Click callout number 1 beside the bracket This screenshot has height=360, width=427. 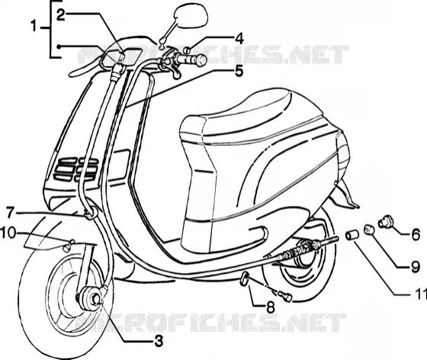click(34, 27)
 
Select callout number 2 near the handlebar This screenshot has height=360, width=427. click(61, 15)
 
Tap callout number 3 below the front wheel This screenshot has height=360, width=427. click(159, 341)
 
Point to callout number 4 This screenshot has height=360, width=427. click(239, 39)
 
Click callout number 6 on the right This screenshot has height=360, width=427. click(416, 234)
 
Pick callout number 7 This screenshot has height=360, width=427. click(10, 212)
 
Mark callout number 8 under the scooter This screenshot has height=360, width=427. click(270, 307)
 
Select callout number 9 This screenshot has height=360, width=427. click(415, 267)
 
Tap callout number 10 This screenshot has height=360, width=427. click(8, 233)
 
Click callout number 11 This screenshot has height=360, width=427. click(420, 294)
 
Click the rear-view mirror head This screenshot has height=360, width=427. click(191, 16)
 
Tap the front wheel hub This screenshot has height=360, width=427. click(89, 297)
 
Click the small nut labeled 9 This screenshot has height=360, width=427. click(369, 229)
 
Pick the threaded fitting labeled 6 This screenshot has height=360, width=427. click(386, 221)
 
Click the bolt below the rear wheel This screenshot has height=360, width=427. click(285, 296)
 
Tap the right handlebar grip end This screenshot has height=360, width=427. click(201, 60)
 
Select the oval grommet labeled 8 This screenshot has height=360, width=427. click(244, 278)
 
